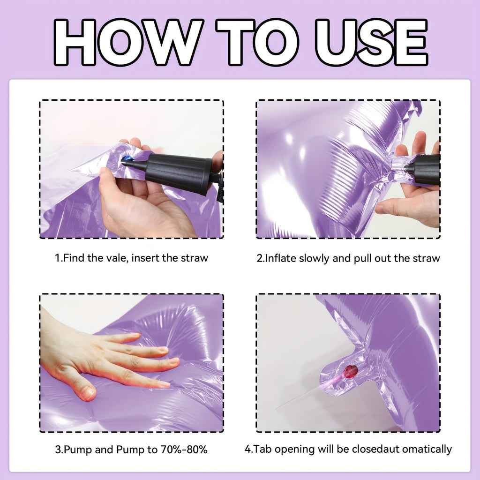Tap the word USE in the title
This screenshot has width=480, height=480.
click(x=371, y=42)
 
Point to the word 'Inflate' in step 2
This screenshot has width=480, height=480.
click(x=280, y=258)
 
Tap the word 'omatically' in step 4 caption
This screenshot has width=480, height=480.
click(x=427, y=449)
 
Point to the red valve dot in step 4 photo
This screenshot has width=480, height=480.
click(x=351, y=371)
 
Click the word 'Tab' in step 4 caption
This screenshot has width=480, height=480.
click(x=262, y=449)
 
